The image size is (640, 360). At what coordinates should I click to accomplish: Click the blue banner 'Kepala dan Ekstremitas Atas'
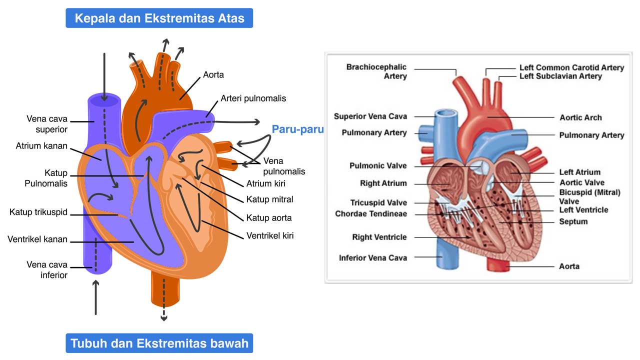(159, 18)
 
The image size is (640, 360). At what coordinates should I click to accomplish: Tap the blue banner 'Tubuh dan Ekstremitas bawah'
(159, 343)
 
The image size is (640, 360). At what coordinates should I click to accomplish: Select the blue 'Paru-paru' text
(298, 129)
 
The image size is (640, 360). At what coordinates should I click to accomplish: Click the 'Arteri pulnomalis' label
(253, 98)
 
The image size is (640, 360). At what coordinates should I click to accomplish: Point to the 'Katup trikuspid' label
(38, 212)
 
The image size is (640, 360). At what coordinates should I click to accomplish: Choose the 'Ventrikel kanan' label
(37, 239)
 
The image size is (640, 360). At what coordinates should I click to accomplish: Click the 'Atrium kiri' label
(266, 183)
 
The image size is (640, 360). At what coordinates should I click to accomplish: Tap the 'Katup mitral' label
(269, 199)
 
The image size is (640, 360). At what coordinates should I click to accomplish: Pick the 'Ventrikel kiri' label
(270, 235)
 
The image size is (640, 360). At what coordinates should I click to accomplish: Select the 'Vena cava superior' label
(47, 124)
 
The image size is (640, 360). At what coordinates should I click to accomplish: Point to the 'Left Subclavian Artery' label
(560, 76)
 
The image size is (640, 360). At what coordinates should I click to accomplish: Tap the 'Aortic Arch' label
(580, 117)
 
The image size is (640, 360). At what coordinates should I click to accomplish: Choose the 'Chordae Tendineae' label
(371, 214)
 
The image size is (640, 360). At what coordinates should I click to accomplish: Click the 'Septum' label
(573, 221)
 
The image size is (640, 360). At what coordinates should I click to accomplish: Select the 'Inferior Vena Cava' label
(373, 258)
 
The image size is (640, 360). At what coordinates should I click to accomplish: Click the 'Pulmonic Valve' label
(378, 165)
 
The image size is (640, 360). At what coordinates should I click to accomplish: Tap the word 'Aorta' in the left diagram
(213, 75)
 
